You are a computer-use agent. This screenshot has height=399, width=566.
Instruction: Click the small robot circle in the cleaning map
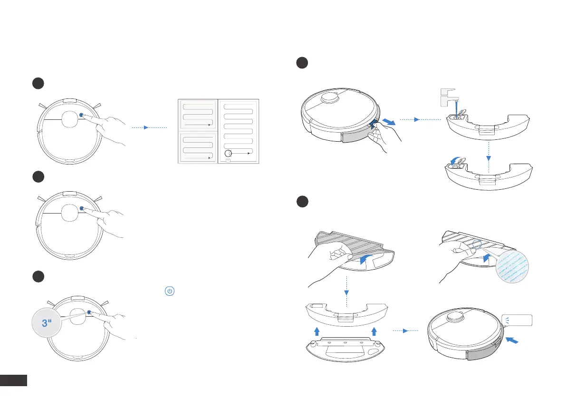229,153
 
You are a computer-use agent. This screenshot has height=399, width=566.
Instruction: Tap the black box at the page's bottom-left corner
14,380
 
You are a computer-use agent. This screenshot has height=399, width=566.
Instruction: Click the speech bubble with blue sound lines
516,320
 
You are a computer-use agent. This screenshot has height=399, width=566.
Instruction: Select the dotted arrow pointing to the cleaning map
149,127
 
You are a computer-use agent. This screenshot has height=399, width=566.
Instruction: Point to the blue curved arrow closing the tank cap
456,161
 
